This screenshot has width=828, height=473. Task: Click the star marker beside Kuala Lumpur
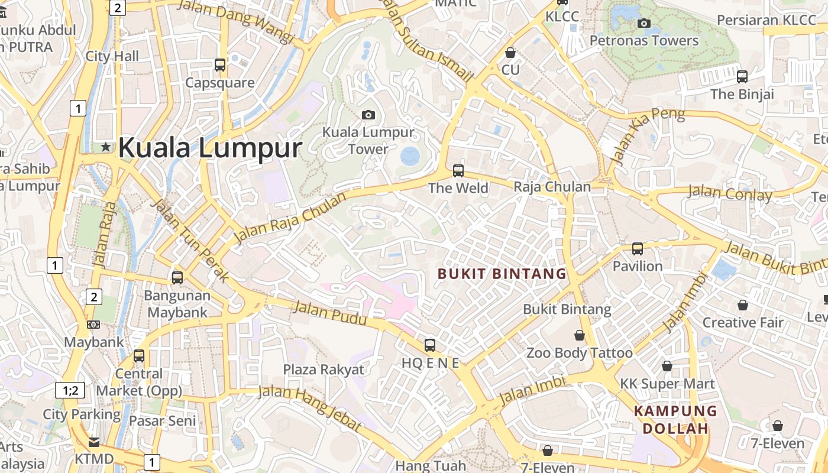[106, 147]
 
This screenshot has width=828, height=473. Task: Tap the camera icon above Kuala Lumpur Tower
[368, 115]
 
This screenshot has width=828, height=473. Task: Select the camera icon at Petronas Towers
[644, 24]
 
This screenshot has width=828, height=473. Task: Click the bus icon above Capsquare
[220, 65]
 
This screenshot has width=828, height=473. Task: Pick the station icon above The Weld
[458, 171]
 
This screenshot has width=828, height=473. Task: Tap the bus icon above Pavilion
[638, 249]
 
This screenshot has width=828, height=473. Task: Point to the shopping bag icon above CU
[510, 53]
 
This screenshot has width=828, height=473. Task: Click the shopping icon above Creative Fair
[742, 305]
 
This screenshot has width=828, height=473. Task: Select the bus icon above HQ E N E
[430, 345]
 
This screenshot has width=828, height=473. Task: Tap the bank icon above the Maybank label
[93, 325]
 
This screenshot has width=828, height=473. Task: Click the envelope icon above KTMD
[94, 442]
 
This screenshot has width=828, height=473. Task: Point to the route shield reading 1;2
[70, 390]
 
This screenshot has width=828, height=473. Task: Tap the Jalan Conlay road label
[730, 193]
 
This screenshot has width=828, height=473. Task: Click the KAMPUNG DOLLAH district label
[675, 420]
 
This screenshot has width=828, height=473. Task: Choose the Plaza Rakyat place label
[324, 370]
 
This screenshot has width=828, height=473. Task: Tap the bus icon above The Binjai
[742, 76]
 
